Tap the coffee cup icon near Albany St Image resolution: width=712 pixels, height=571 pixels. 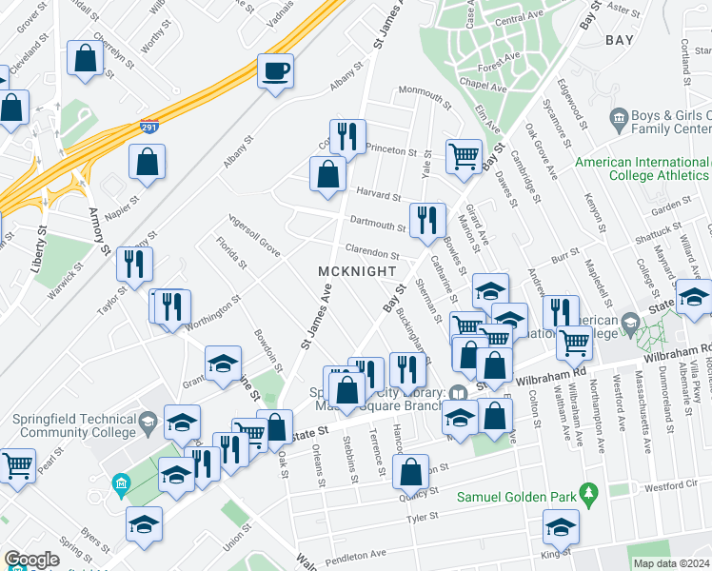click(x=275, y=71)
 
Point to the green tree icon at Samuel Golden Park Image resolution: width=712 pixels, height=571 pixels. click(x=589, y=493)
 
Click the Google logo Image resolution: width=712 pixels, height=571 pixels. click(x=30, y=561)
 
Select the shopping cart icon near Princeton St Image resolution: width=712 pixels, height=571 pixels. click(x=464, y=154)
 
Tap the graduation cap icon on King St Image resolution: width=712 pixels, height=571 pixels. click(x=561, y=526)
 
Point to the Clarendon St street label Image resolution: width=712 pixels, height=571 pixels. click(x=371, y=254)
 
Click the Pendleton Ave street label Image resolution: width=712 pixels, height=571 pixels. click(x=356, y=554)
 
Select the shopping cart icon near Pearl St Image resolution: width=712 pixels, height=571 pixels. click(x=17, y=466)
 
